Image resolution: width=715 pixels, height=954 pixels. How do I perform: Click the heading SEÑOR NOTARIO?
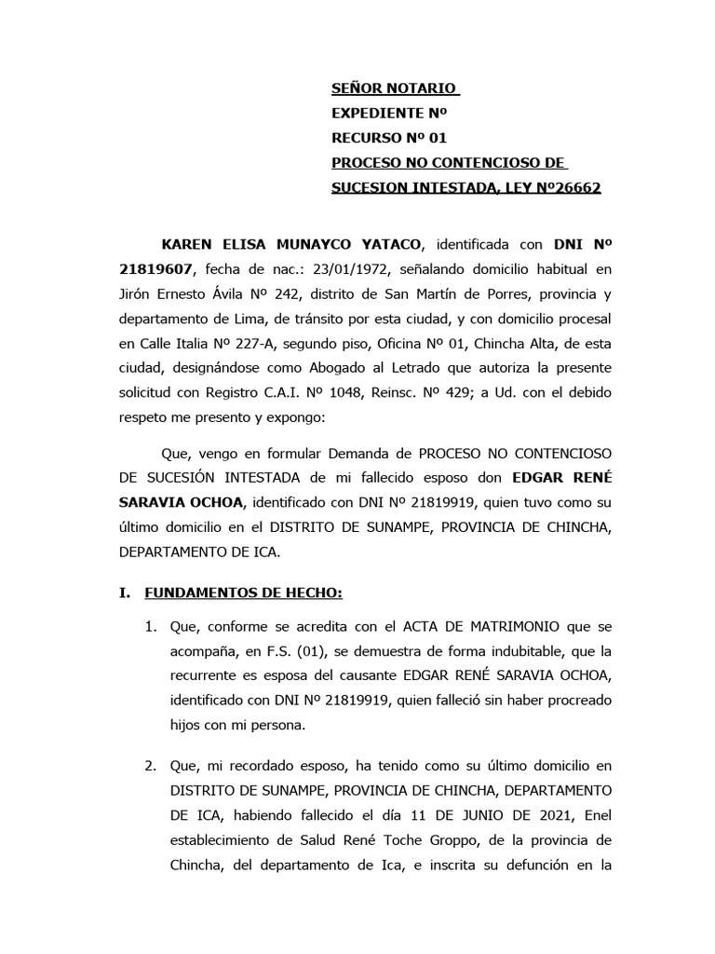[x=395, y=89]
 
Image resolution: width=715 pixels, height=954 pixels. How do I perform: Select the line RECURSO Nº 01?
[x=390, y=138]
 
